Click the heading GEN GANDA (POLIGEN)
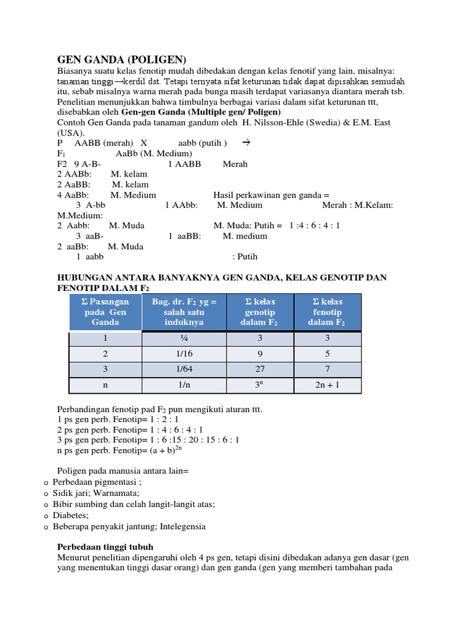(x=121, y=60)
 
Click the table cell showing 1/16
(x=184, y=354)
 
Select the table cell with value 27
(x=261, y=369)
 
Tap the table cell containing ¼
(x=184, y=338)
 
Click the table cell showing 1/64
(x=184, y=369)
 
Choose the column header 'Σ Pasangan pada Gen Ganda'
(x=105, y=312)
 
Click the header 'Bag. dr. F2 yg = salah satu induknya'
(x=184, y=312)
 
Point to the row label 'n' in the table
(x=105, y=385)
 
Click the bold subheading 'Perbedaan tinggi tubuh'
(x=105, y=546)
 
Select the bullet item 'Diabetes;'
(x=71, y=516)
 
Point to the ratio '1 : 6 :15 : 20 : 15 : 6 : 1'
(x=192, y=440)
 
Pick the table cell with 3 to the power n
(x=261, y=385)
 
